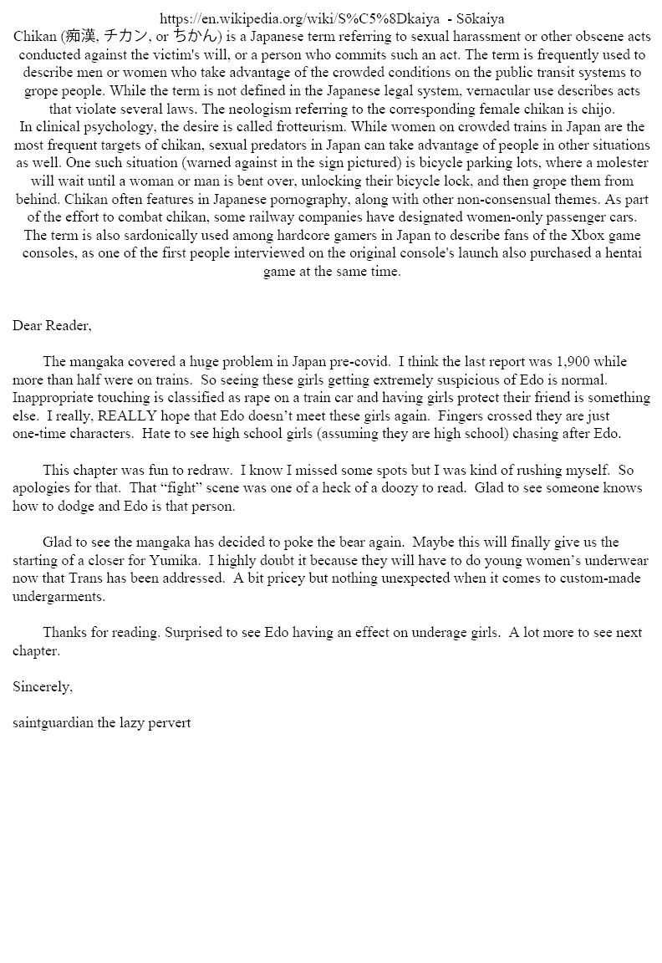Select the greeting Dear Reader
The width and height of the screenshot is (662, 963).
[x=52, y=325]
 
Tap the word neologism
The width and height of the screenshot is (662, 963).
[x=277, y=109]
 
